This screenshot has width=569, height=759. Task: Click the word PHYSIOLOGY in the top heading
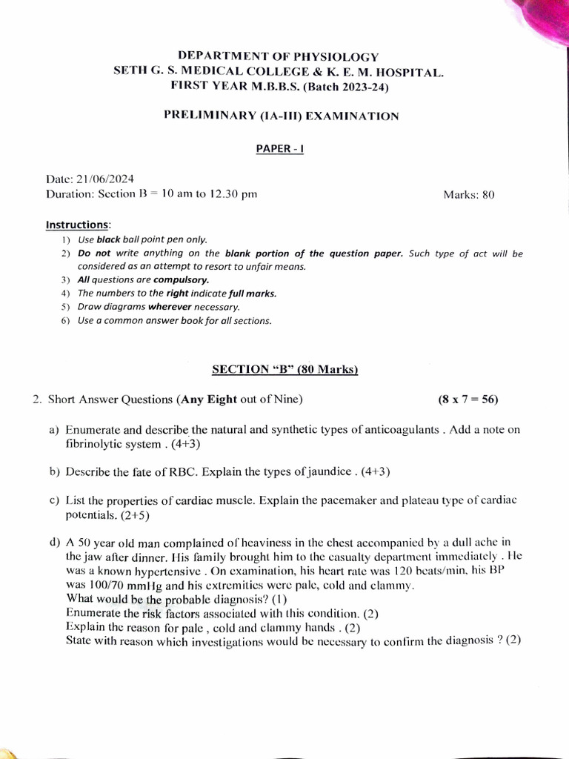(x=338, y=57)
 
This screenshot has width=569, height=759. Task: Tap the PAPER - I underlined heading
(x=280, y=148)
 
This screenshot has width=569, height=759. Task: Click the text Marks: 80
(x=468, y=195)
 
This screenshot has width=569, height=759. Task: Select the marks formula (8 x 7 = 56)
(x=468, y=400)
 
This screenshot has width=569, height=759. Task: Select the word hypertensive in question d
(x=167, y=571)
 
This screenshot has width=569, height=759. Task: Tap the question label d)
(x=54, y=543)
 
